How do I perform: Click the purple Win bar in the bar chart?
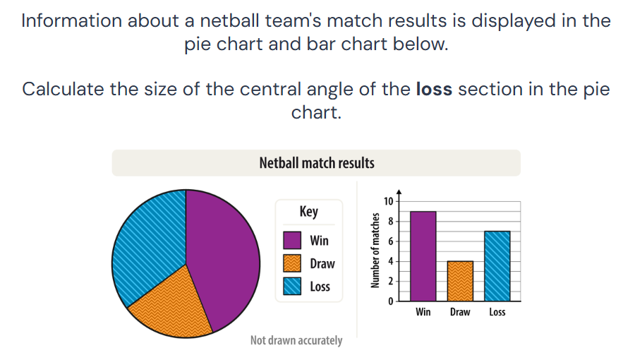pos(423,256)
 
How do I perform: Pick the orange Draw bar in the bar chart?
pos(460,281)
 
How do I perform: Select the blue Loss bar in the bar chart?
pos(497,266)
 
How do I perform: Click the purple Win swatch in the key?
pos(292,240)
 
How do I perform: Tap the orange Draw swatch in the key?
pos(292,263)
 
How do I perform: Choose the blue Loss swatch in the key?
pos(292,287)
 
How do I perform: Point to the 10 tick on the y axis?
pos(388,201)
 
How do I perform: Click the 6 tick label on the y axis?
pos(391,241)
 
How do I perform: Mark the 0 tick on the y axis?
pos(391,301)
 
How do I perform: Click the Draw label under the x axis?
pos(460,312)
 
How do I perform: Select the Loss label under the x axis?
pos(497,312)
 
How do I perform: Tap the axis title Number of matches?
pos(375,251)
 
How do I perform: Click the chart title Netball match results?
pos(317,163)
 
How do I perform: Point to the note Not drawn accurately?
pos(296,340)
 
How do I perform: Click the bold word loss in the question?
pos(434,89)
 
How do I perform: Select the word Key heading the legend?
pos(308,211)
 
